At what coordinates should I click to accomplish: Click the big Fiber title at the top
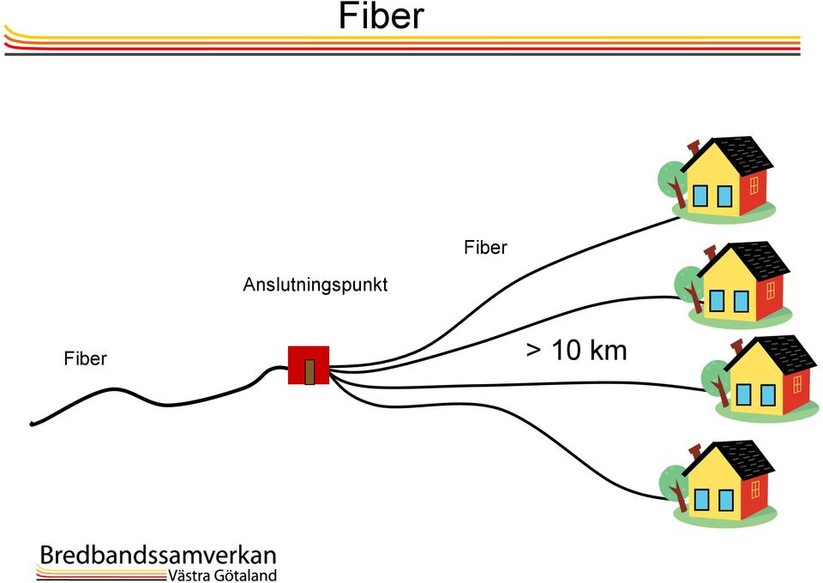[x=381, y=15]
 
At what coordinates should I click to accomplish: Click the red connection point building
[x=309, y=365]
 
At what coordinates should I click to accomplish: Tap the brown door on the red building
[x=309, y=371]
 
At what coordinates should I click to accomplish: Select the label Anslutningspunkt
[x=315, y=285]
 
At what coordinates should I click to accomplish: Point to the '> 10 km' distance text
[x=576, y=350]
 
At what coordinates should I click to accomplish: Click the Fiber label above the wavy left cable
[x=85, y=358]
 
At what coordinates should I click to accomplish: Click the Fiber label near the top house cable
[x=485, y=247]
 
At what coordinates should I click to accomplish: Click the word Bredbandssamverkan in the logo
[x=158, y=556]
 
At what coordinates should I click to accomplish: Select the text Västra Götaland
[x=222, y=575]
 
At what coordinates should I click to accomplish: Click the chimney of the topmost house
[x=694, y=148]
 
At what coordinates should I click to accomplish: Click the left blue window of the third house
[x=743, y=394]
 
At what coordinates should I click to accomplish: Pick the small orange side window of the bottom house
[x=755, y=490]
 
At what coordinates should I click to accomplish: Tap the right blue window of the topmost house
[x=725, y=195]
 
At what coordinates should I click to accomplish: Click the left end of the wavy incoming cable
[x=32, y=424]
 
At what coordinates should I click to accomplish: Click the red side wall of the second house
[x=770, y=295]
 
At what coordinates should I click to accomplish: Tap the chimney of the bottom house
[x=694, y=452]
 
